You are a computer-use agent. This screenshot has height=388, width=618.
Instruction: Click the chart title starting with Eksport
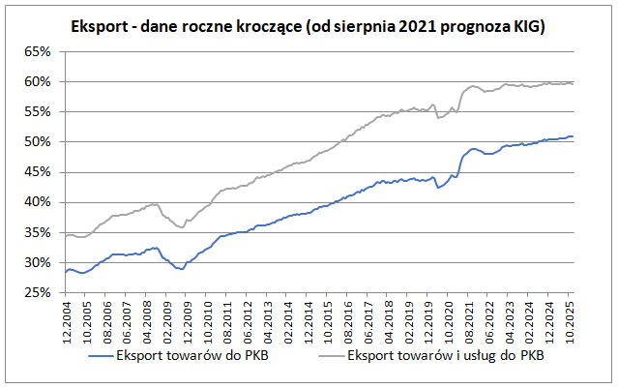309,27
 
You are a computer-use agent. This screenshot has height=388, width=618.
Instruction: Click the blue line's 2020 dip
439,187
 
